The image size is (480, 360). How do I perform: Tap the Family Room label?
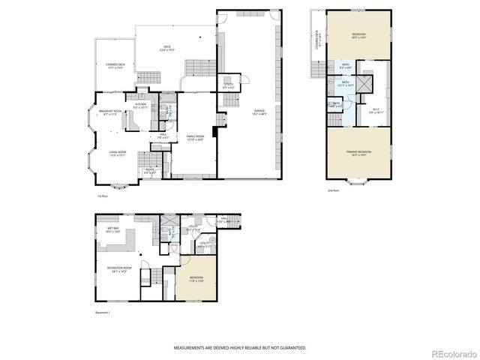pos(195,137)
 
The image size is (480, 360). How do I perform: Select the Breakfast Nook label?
pos(109,113)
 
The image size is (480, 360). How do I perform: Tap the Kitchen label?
pos(140,106)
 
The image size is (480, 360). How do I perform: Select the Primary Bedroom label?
pos(358,153)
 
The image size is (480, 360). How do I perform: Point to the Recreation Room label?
pos(118,271)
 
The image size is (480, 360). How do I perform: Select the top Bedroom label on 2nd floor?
pos(358,35)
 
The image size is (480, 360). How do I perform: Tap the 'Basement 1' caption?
pos(103,313)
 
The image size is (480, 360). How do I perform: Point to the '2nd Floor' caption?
pos(333,190)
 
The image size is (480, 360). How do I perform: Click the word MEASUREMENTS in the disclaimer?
pos(192,347)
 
